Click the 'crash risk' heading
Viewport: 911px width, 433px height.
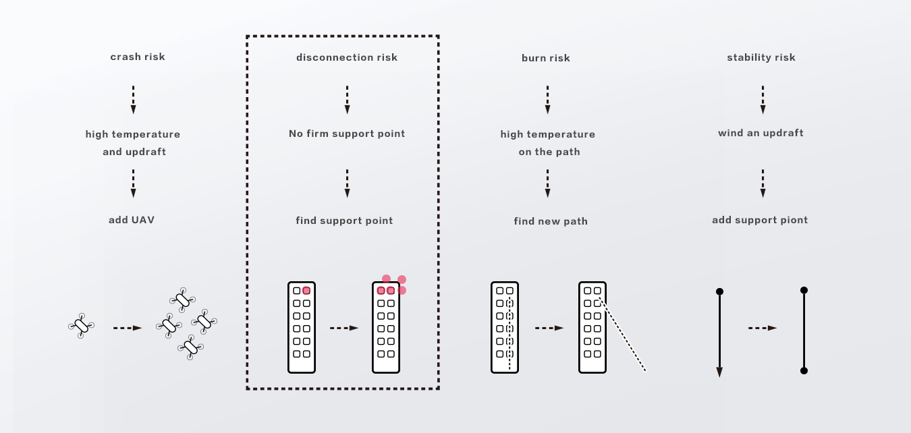[138, 57]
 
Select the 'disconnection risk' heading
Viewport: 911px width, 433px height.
[347, 57]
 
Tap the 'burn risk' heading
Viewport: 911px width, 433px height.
[546, 58]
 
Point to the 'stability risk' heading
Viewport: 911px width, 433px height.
[761, 57]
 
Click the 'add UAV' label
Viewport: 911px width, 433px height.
[132, 220]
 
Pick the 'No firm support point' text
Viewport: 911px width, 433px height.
[347, 134]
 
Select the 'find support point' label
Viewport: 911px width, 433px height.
[344, 221]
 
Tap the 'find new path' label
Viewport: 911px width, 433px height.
[551, 221]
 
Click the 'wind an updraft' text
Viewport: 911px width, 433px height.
[761, 133]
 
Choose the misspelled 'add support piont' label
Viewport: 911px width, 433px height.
[760, 220]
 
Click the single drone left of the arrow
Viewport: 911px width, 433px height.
[81, 326]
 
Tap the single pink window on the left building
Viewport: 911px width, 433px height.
[306, 291]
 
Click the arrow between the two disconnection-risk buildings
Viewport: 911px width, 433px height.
[344, 328]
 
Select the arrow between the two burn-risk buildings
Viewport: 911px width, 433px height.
[549, 328]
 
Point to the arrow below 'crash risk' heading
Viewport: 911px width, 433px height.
[133, 100]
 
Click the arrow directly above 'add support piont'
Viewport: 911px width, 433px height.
[763, 183]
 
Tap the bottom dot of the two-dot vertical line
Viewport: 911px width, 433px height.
[804, 370]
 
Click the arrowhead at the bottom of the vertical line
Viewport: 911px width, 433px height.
[719, 372]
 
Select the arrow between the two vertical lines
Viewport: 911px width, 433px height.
[763, 328]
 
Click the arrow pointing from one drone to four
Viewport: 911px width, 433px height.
[128, 328]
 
